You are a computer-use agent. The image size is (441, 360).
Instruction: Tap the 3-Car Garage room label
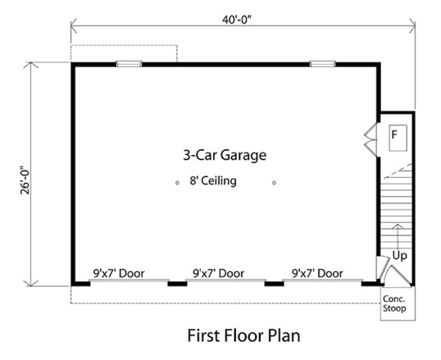pyautogui.click(x=224, y=156)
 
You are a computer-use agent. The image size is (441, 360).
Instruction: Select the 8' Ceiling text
pyautogui.click(x=213, y=181)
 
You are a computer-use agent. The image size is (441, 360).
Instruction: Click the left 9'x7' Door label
pyautogui.click(x=119, y=273)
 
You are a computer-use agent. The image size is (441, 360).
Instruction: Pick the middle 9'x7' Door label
pyautogui.click(x=218, y=273)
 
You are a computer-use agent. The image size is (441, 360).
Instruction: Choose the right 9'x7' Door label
pyautogui.click(x=317, y=273)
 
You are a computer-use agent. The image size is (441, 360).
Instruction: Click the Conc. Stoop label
pyautogui.click(x=395, y=304)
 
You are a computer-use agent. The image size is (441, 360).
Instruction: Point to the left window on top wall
pyautogui.click(x=129, y=63)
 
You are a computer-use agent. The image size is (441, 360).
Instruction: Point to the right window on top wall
pyautogui.click(x=322, y=63)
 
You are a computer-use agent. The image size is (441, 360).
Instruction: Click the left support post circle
pyautogui.click(x=177, y=183)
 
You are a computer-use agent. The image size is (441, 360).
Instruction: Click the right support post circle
pyautogui.click(x=274, y=183)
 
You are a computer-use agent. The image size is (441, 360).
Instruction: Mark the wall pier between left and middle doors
pyautogui.click(x=177, y=283)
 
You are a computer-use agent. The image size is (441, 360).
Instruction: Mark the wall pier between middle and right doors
pyautogui.click(x=274, y=283)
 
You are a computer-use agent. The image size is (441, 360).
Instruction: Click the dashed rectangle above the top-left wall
pyautogui.click(x=124, y=53)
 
